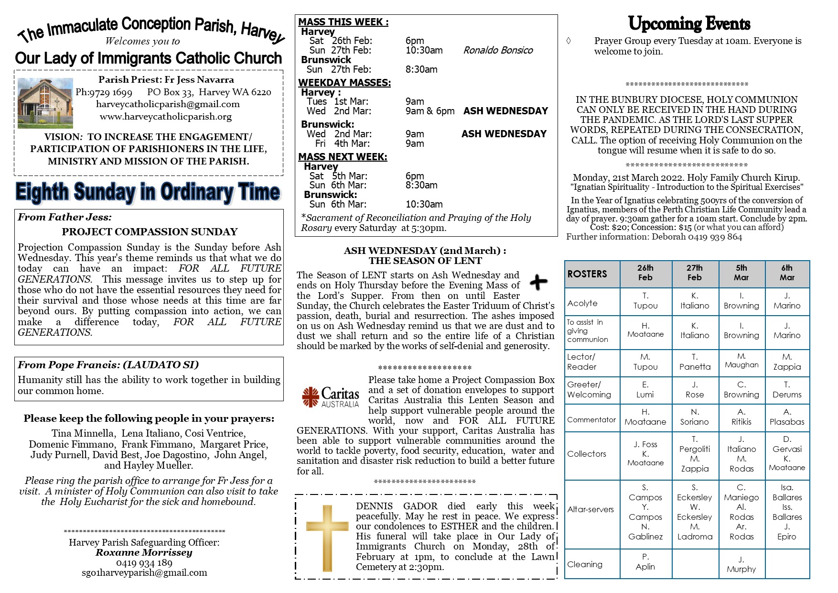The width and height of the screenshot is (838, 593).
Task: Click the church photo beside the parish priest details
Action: click(x=45, y=103)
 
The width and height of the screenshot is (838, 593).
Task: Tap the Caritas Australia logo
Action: click(x=330, y=397)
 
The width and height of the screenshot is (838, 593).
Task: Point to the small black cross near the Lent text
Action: click(x=538, y=282)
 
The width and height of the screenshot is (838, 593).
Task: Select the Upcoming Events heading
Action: click(x=689, y=23)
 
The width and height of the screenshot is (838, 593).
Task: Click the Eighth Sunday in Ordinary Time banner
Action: click(x=148, y=192)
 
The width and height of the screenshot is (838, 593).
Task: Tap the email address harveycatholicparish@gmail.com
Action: click(x=168, y=104)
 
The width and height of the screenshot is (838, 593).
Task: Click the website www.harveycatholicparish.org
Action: click(x=166, y=117)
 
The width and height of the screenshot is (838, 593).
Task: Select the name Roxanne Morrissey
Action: click(x=144, y=553)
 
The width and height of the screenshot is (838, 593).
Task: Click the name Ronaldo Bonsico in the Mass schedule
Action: click(x=498, y=50)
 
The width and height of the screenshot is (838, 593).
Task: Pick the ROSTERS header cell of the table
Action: click(x=592, y=274)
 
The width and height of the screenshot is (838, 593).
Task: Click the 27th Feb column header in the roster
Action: click(x=694, y=273)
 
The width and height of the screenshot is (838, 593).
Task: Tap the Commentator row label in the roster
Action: click(x=591, y=419)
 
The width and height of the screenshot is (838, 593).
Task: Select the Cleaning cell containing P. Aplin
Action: click(x=645, y=562)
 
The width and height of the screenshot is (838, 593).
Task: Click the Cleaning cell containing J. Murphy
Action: click(x=741, y=564)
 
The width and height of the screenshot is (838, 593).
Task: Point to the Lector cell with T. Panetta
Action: click(x=695, y=362)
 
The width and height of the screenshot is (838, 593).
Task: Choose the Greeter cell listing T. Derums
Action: click(x=786, y=390)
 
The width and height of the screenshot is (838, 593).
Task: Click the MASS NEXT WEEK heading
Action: click(x=343, y=157)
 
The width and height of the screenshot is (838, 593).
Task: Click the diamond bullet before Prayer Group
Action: click(x=569, y=41)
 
